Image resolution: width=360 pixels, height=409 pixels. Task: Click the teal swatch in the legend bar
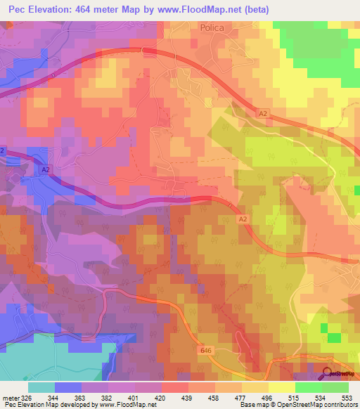[41, 387]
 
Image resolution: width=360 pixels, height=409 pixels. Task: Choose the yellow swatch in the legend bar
[282, 387]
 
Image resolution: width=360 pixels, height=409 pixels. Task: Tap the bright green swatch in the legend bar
[309, 387]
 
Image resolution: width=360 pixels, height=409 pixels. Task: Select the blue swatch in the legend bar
[68, 387]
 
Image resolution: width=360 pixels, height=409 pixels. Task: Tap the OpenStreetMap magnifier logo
[328, 373]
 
